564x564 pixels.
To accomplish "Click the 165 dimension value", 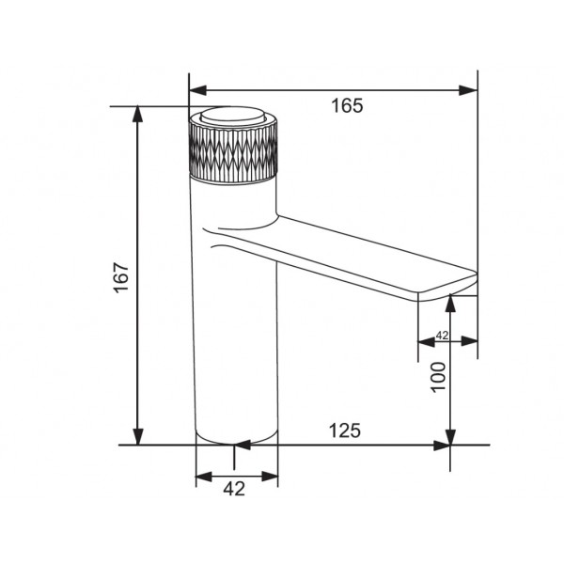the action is [347, 105].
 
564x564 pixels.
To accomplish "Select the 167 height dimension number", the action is [121, 277].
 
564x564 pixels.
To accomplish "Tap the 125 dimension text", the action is [345, 431].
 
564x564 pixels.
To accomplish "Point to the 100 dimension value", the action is [438, 377].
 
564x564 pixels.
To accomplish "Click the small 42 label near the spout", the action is [442, 336].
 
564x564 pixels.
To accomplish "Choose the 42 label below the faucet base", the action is [234, 489].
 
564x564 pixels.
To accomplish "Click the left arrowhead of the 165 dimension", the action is [197, 90].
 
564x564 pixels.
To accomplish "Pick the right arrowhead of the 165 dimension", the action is [468, 90].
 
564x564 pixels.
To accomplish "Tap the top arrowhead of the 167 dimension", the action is [138, 115].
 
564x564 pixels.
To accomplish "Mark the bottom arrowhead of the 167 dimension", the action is [138, 436].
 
